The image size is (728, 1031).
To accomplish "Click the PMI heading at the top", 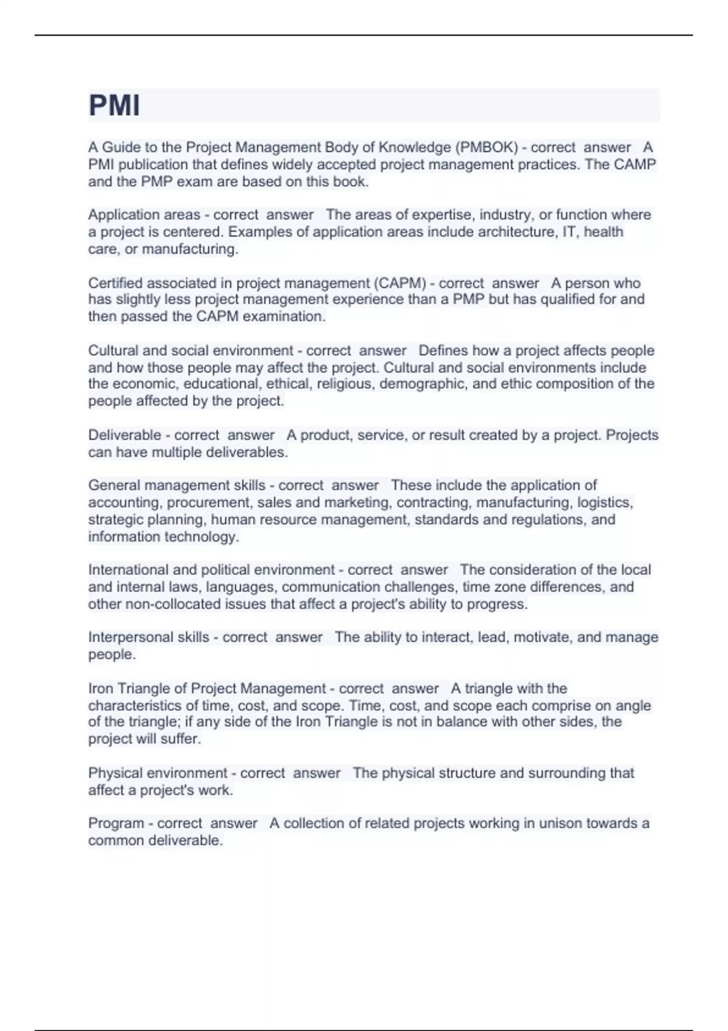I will (x=114, y=106).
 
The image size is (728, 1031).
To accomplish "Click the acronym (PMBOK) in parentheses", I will (x=487, y=147).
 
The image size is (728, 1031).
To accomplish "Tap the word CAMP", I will (x=636, y=164).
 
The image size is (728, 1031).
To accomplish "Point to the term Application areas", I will (x=144, y=215).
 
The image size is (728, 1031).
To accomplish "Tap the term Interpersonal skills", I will (x=149, y=637).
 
